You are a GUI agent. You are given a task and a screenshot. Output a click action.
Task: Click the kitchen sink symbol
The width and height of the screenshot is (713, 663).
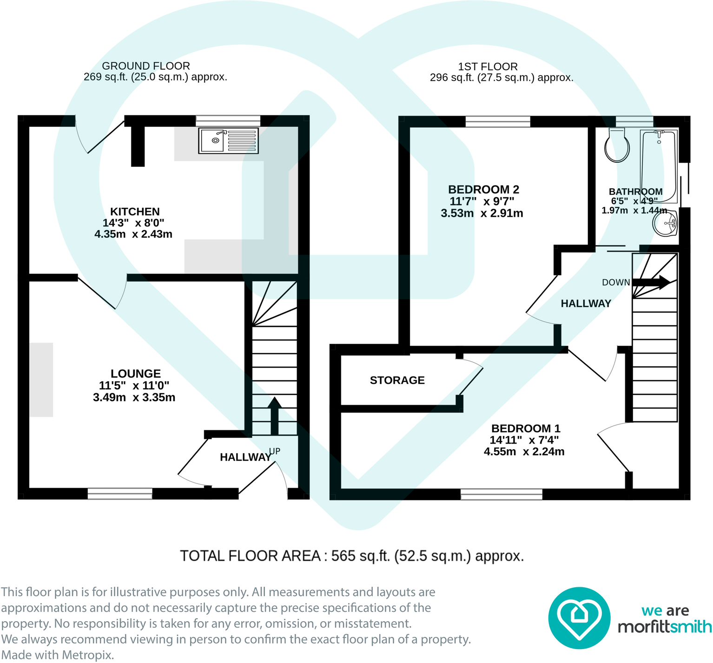[228, 141]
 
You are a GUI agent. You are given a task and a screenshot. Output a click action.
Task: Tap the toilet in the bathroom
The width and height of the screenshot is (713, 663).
[617, 145]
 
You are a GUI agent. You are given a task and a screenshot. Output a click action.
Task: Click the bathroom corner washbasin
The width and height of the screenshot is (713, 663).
[666, 225]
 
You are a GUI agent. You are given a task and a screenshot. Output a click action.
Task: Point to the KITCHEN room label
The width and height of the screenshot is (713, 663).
[135, 212]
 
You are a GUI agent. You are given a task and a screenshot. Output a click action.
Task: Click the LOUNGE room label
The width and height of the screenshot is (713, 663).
[135, 373]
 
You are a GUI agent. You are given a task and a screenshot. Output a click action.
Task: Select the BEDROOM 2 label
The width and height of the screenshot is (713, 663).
[483, 190]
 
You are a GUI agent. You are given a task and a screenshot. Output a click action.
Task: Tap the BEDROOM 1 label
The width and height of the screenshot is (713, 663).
[526, 428]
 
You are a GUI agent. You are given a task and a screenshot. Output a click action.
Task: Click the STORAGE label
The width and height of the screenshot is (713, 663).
[397, 380]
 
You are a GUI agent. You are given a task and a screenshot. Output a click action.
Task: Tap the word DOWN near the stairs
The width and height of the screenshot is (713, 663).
[615, 282]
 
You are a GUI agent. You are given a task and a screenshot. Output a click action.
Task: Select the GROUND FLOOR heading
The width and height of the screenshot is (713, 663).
[146, 66]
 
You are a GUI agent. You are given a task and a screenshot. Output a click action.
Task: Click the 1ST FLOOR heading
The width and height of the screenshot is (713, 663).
[488, 66]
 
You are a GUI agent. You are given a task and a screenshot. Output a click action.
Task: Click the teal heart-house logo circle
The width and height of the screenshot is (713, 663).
[579, 617]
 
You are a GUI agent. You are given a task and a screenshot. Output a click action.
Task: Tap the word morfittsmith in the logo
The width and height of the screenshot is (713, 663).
[665, 627]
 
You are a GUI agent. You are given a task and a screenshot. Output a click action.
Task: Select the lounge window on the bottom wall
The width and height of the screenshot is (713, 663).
[120, 493]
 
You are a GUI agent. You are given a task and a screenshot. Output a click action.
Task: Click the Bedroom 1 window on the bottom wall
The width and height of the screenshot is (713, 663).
[501, 494]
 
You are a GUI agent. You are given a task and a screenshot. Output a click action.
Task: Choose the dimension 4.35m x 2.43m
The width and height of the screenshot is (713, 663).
[133, 234]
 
